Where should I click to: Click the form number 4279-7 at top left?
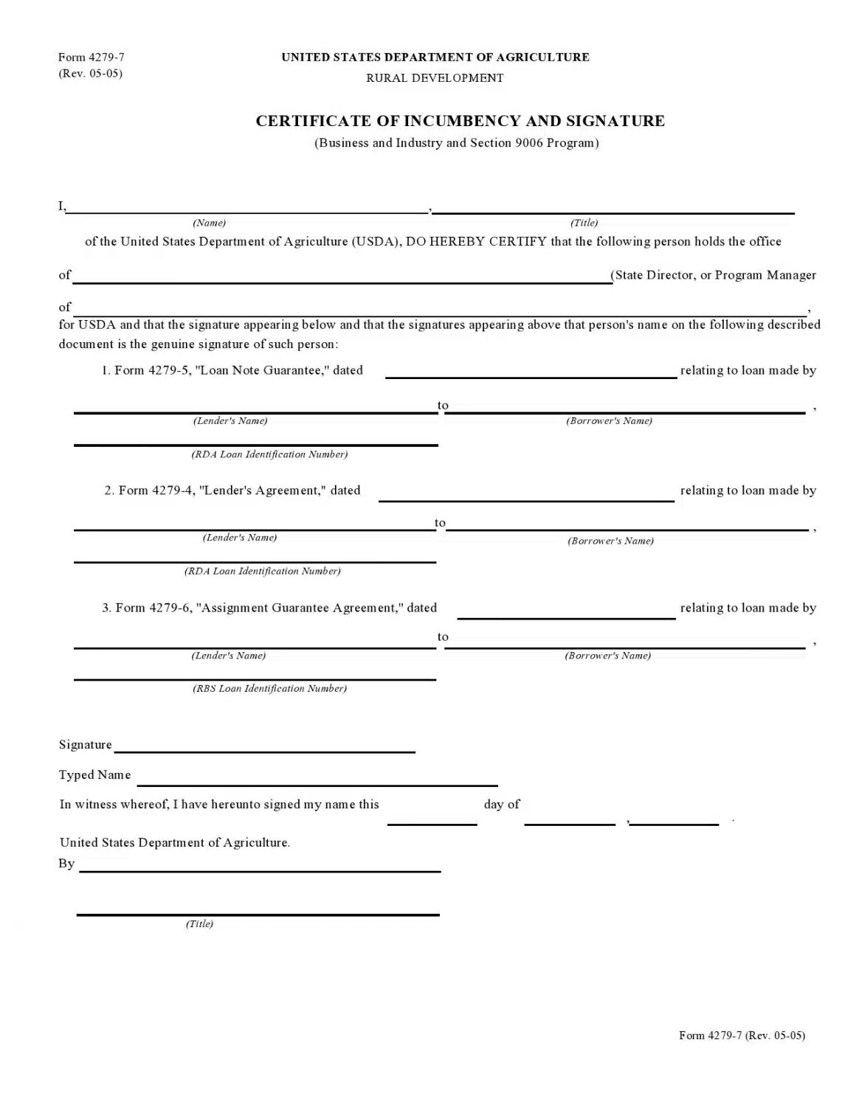tap(92, 57)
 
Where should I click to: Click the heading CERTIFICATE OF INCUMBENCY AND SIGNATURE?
tap(460, 121)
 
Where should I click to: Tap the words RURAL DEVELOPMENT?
tap(435, 78)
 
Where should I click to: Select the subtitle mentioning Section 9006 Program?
tap(457, 143)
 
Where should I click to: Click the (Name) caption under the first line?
tap(209, 223)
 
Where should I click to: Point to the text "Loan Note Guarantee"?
tap(261, 370)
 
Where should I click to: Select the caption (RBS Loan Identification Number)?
tap(269, 689)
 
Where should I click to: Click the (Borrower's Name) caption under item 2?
tap(610, 541)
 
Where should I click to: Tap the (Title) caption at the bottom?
tap(199, 924)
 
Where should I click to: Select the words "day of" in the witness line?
tap(502, 805)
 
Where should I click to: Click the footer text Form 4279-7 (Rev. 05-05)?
tap(742, 1035)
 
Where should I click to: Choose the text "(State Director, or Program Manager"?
tap(714, 275)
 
